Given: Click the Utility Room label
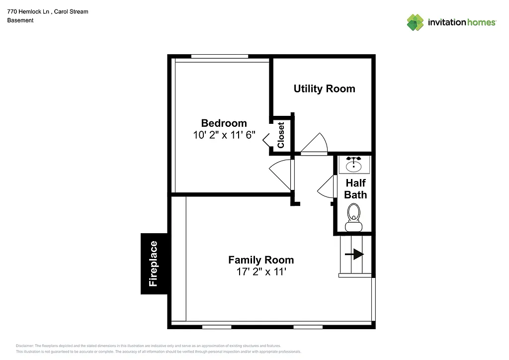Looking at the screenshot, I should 324,89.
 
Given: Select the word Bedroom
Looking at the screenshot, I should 224,123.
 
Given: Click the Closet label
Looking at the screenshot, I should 281,135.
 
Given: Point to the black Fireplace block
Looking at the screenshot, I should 154,264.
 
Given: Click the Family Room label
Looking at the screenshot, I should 261,260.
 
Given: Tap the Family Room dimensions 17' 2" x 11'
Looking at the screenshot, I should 261,272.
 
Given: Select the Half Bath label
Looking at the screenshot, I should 355,189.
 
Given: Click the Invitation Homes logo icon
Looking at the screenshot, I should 415,22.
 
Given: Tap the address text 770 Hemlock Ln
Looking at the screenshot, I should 27,11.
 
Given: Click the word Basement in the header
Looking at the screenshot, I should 20,20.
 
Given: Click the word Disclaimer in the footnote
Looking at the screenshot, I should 25,346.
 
